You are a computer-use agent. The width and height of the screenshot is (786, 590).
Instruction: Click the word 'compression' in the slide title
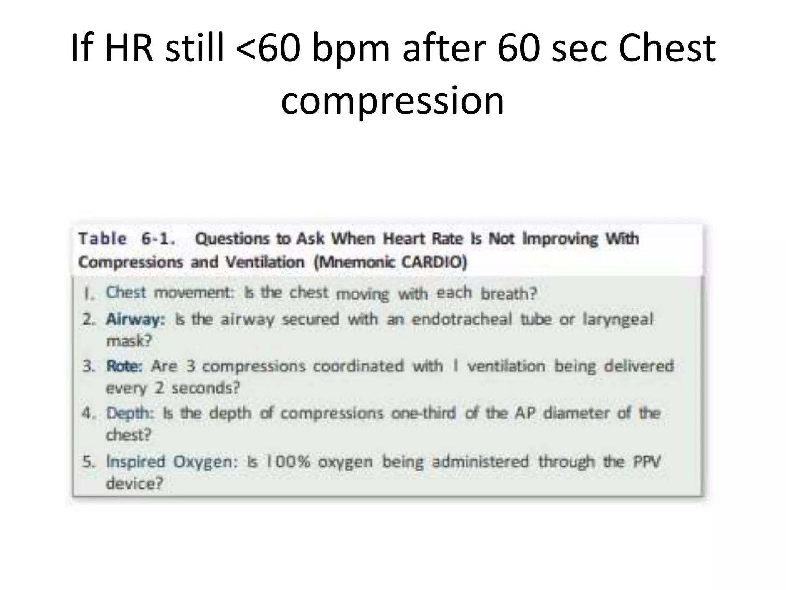(x=392, y=101)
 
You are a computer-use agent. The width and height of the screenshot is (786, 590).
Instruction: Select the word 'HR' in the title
(x=129, y=49)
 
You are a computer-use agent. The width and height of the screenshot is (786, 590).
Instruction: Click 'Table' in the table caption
(x=102, y=239)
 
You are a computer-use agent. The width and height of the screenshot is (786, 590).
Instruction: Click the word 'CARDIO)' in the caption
(x=434, y=262)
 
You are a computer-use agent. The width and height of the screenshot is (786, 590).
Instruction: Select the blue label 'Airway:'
(x=135, y=319)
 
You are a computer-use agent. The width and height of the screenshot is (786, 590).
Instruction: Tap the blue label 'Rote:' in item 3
(x=124, y=366)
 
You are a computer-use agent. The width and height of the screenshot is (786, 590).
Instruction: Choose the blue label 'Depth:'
(x=130, y=413)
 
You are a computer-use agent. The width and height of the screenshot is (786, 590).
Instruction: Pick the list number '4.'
(x=88, y=413)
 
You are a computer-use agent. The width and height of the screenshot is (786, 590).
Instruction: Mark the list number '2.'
(x=88, y=319)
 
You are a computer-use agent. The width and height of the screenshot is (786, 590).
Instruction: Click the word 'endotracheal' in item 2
(x=462, y=319)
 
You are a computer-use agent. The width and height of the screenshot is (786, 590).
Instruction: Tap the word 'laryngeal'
(x=618, y=319)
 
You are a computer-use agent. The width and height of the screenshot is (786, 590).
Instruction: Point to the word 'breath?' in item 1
(x=509, y=294)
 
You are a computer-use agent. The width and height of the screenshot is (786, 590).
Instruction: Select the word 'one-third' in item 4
(x=424, y=413)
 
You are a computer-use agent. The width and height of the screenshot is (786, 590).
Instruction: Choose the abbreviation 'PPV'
(x=647, y=462)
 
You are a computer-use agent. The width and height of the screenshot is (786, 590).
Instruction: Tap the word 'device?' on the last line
(x=134, y=483)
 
